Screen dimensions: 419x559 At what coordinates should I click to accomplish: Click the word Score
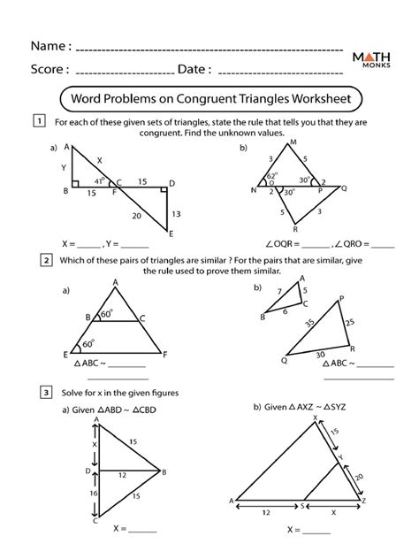50,69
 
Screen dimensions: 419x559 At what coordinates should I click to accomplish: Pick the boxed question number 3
40,391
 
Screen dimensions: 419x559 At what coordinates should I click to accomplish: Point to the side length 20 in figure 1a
136,215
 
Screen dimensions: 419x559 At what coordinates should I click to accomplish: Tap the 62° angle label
274,176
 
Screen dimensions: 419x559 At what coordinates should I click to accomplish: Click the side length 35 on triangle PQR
310,325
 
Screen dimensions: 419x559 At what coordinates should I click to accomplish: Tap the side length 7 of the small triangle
279,292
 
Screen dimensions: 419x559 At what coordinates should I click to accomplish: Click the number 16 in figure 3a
95,493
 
